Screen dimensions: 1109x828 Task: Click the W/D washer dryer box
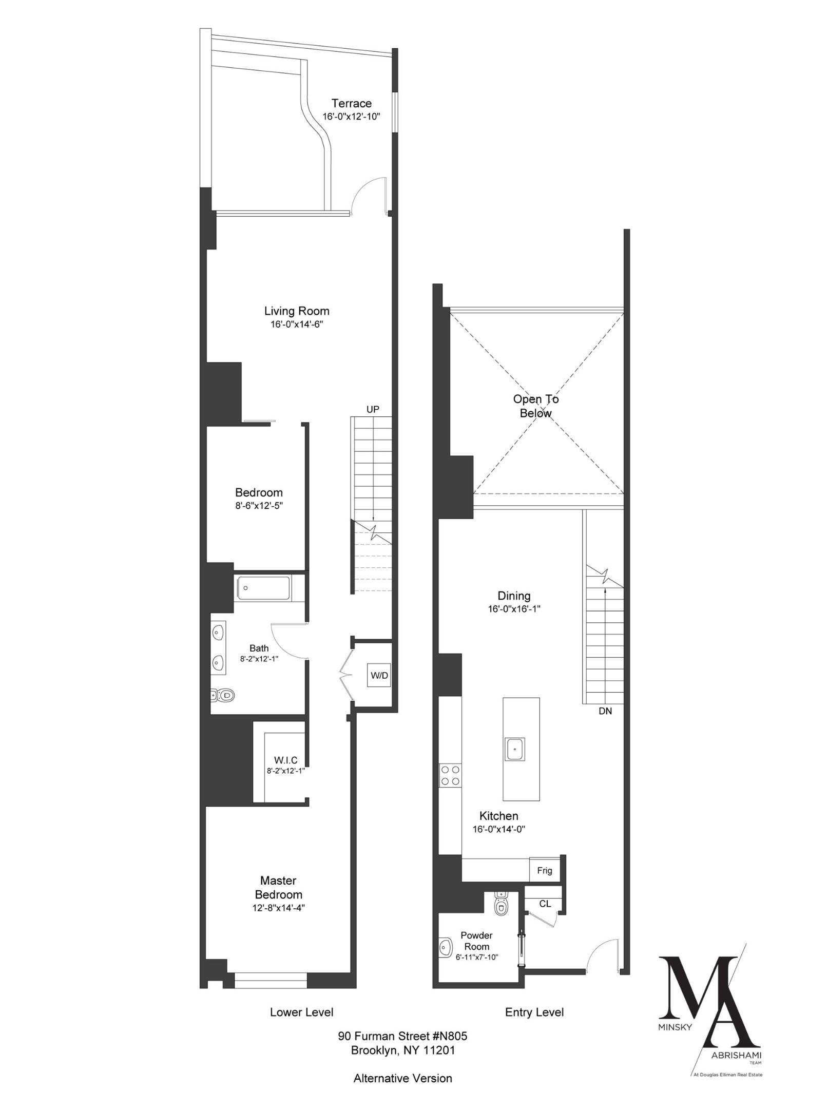tap(379, 675)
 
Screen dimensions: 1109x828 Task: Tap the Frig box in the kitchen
tap(544, 870)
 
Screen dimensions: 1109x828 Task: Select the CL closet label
tap(545, 903)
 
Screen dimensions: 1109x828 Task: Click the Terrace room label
tap(351, 103)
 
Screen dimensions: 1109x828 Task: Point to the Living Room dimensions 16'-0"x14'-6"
tap(297, 324)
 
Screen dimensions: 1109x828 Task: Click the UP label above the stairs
tap(373, 409)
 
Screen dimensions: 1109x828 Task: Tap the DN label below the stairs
tap(605, 711)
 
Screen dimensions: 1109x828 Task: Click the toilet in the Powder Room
tap(500, 906)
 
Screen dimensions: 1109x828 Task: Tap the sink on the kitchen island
tap(514, 749)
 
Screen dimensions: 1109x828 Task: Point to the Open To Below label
tap(535, 406)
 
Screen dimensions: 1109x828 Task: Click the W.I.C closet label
tap(285, 760)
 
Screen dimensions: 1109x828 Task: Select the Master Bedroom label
tap(279, 887)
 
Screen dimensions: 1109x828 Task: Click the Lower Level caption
tap(301, 1012)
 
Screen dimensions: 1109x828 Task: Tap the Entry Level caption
tap(534, 1012)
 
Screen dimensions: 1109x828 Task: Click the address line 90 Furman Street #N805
tap(402, 1036)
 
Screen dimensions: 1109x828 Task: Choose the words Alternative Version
tap(402, 1078)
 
